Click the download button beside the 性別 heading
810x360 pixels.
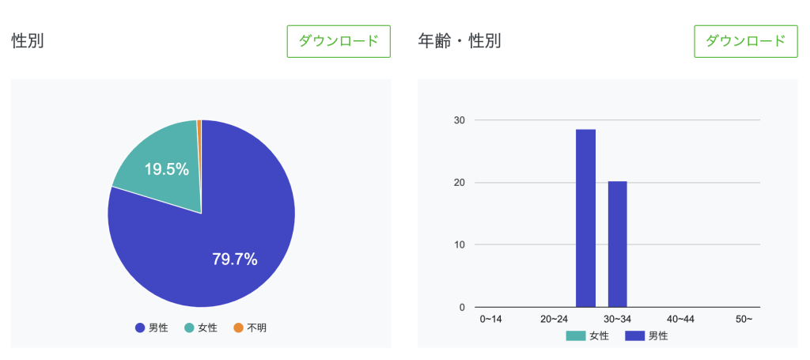(x=339, y=41)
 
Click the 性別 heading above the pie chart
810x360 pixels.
(x=28, y=41)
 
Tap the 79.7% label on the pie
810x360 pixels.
(x=235, y=259)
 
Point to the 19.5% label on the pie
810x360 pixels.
(x=166, y=169)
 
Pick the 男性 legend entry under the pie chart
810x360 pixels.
(x=152, y=328)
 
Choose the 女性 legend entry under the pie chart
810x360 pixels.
(x=201, y=328)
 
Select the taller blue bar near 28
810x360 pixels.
(x=585, y=218)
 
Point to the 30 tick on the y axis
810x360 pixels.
(x=460, y=120)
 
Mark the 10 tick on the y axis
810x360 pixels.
(x=460, y=244)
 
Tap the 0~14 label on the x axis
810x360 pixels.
(x=491, y=319)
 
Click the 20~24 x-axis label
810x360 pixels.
(x=554, y=319)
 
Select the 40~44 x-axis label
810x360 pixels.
(x=680, y=319)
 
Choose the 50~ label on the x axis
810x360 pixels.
(x=744, y=319)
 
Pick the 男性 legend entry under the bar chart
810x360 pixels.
(x=647, y=335)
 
